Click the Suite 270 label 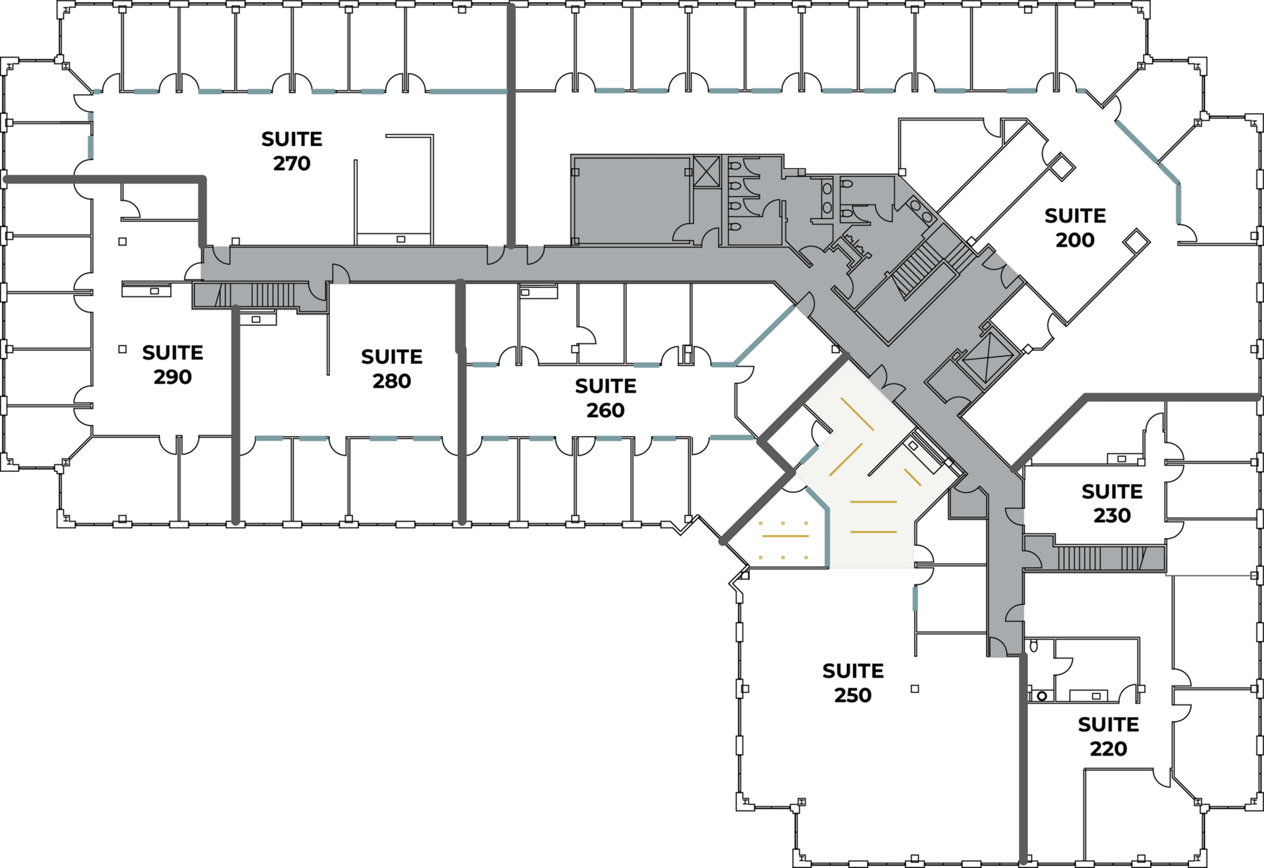(x=291, y=151)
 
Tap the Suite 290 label (x=173, y=364)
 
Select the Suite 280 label (x=392, y=369)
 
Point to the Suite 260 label (x=605, y=398)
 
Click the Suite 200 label (x=1074, y=228)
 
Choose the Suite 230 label (x=1112, y=504)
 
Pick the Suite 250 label (x=852, y=683)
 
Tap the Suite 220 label (x=1108, y=736)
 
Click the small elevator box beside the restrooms (x=706, y=171)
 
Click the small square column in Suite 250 (x=914, y=689)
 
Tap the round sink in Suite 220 (x=1042, y=696)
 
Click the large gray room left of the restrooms (x=631, y=200)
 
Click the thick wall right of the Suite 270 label (x=511, y=126)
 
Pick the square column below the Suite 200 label (x=1135, y=240)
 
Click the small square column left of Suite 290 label (x=122, y=349)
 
